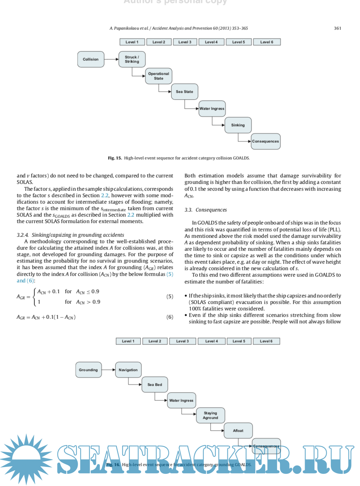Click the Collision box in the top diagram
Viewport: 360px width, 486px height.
pyautogui.click(x=91, y=59)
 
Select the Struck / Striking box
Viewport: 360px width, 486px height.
pyautogui.click(x=132, y=59)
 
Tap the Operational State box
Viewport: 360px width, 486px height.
pyautogui.click(x=158, y=76)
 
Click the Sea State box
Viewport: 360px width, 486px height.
pyautogui.click(x=184, y=92)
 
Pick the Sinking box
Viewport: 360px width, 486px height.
pyautogui.click(x=238, y=125)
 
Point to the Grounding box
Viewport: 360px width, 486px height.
pyautogui.click(x=88, y=370)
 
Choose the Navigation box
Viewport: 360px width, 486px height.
pyautogui.click(x=128, y=370)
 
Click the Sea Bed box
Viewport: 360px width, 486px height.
pyautogui.click(x=154, y=385)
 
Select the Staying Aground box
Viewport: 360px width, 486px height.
pyautogui.click(x=211, y=416)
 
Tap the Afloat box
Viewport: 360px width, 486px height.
pyautogui.click(x=238, y=431)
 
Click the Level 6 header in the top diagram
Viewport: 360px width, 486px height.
pyautogui.click(x=267, y=42)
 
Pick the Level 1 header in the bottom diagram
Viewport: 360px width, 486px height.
pyautogui.click(x=128, y=341)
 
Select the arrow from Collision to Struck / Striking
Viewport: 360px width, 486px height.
pyautogui.click(x=111, y=59)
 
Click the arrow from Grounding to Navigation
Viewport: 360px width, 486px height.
pyautogui.click(x=109, y=370)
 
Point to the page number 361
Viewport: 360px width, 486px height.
pyautogui.click(x=338, y=28)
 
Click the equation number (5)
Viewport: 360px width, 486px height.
pyautogui.click(x=170, y=297)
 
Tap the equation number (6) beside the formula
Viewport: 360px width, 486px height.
pyautogui.click(x=170, y=317)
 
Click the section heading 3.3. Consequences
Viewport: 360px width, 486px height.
pyautogui.click(x=206, y=210)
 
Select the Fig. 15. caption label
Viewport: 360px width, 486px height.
pyautogui.click(x=115, y=158)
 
